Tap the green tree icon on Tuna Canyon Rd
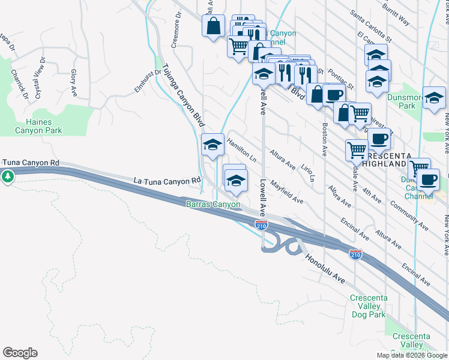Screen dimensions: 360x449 (x=7, y=176)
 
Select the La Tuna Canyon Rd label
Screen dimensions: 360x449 (x=166, y=180)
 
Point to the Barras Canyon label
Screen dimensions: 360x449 (x=212, y=205)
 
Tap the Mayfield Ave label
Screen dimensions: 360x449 (x=286, y=191)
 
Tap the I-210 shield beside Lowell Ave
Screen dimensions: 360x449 (x=261, y=225)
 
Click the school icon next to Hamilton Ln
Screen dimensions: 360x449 (x=212, y=144)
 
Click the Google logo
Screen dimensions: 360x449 (x=20, y=353)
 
